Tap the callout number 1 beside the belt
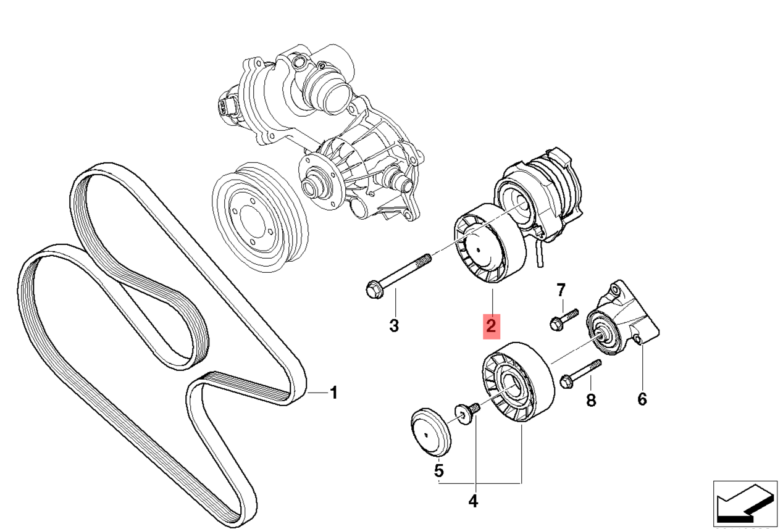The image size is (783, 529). click(x=333, y=393)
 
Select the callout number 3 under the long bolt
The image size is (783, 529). click(x=394, y=325)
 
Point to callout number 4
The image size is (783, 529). click(x=473, y=501)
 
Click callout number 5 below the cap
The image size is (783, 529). click(x=438, y=471)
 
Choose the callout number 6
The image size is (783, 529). click(x=642, y=400)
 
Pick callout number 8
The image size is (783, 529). click(x=591, y=401)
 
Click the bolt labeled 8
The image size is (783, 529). click(x=580, y=374)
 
